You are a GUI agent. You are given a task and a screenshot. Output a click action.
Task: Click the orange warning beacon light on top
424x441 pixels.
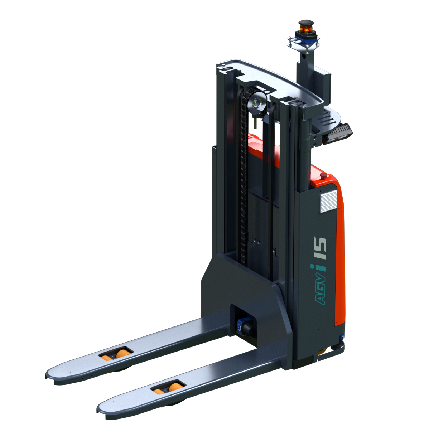[x=306, y=29]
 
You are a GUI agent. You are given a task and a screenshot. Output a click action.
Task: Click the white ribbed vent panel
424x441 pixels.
[x=328, y=201]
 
